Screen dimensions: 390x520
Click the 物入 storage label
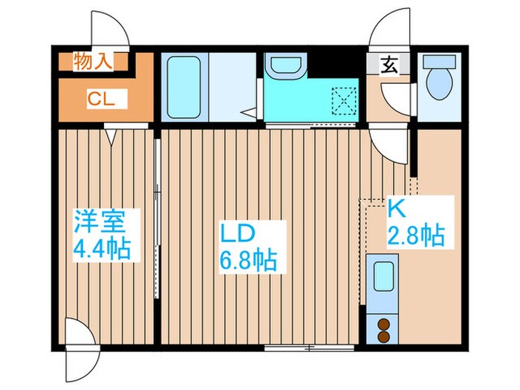[x=94, y=62]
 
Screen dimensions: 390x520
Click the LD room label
[x=237, y=233]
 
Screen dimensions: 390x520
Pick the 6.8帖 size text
[x=249, y=261]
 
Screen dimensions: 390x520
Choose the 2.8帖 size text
[x=416, y=236]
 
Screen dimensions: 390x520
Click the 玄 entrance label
[x=389, y=65]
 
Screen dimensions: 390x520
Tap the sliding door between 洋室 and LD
[x=157, y=215]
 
